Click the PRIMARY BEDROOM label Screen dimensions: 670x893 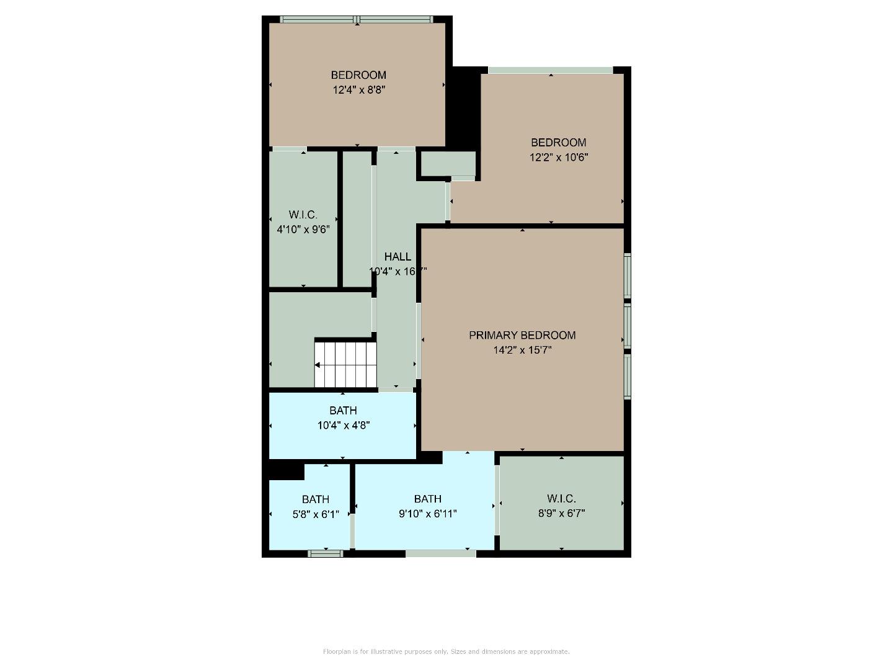click(522, 335)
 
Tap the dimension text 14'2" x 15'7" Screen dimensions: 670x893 click(522, 350)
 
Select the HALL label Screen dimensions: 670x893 click(398, 256)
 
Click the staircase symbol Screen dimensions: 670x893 click(345, 364)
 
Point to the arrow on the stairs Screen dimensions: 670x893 click(318, 365)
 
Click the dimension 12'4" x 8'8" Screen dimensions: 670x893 click(359, 90)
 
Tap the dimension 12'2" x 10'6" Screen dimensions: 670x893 click(558, 157)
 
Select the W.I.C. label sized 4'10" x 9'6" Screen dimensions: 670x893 click(303, 215)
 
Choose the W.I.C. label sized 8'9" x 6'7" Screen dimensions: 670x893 click(561, 498)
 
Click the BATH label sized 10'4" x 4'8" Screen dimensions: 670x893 click(343, 410)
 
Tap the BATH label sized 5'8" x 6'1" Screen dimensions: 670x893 click(316, 499)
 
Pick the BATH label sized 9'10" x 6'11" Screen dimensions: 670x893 click(428, 499)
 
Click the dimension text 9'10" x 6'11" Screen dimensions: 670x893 click(428, 514)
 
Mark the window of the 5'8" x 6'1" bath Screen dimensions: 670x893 click(326, 553)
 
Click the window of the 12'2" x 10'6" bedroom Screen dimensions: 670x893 click(550, 70)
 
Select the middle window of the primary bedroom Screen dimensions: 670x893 click(627, 325)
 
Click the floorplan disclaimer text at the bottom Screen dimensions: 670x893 click(446, 651)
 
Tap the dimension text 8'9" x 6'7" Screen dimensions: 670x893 click(561, 513)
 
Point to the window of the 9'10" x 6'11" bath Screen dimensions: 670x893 click(441, 553)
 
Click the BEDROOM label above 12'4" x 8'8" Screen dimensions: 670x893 click(358, 75)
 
